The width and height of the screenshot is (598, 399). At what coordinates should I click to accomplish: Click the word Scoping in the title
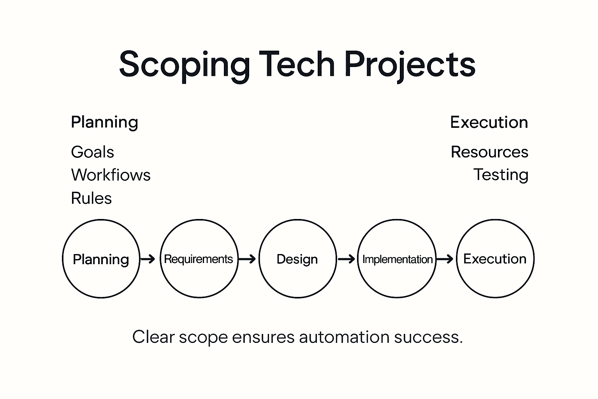184,65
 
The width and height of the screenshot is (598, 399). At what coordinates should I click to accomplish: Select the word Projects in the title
410,65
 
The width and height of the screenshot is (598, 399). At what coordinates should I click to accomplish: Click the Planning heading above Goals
104,122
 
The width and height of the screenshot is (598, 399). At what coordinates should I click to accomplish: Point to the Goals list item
92,152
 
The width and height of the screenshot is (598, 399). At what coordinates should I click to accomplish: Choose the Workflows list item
111,175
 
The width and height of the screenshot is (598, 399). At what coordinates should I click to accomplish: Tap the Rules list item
91,198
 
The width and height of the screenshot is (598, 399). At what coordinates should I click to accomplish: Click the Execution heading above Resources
489,122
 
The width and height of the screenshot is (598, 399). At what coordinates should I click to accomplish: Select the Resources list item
489,152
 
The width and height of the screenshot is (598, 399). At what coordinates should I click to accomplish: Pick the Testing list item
501,175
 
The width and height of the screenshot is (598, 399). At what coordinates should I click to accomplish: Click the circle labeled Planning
101,259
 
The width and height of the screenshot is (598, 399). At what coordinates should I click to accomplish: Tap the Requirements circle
199,259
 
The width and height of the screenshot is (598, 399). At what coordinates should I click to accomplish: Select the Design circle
297,259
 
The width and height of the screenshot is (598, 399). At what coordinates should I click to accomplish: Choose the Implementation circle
397,259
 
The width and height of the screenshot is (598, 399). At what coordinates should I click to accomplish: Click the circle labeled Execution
495,259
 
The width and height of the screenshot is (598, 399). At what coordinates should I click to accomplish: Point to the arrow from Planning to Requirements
148,259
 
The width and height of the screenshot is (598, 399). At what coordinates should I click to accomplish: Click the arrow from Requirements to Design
247,259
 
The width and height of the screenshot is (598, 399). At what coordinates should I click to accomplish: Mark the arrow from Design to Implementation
346,259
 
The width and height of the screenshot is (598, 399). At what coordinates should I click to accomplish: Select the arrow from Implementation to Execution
445,259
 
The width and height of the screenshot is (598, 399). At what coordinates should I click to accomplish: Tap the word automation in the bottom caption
344,337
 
